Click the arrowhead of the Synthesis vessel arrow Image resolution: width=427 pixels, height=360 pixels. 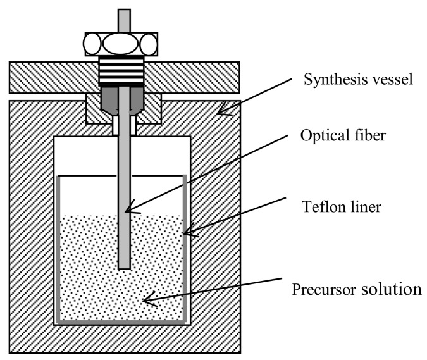220,113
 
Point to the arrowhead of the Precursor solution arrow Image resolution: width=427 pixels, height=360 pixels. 145,301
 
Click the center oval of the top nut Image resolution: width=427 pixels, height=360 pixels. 124,45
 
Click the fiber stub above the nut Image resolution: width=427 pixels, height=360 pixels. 124,20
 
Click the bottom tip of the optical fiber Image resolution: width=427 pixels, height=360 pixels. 125,266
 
